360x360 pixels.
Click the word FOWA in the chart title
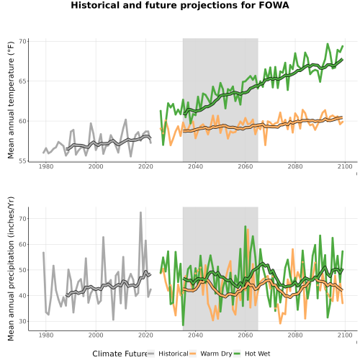click(274, 5)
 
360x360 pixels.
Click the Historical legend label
click(174, 354)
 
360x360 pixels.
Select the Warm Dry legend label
click(216, 354)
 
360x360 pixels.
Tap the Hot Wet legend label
click(257, 354)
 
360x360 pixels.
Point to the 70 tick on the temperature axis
click(22, 41)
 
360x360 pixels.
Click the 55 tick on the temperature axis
click(22, 161)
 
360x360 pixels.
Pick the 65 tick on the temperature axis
click(22, 81)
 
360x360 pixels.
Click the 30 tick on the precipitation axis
click(22, 321)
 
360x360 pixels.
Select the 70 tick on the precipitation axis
click(22, 219)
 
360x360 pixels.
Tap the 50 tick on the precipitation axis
click(22, 270)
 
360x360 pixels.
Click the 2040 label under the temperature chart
click(195, 166)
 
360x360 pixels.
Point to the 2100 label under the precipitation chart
click(345, 335)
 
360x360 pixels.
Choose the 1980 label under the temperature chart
click(46, 166)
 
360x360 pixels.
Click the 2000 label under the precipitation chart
click(96, 335)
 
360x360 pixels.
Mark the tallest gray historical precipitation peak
click(140, 212)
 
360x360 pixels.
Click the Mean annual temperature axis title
click(11, 100)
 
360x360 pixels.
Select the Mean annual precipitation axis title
click(11, 269)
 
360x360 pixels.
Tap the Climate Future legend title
click(120, 354)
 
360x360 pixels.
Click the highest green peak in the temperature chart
click(328, 44)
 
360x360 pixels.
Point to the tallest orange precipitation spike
click(248, 230)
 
